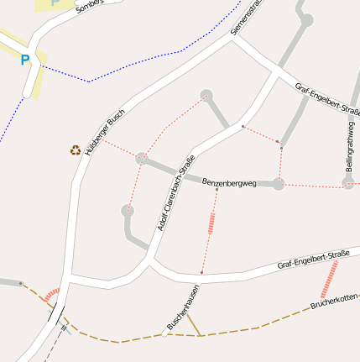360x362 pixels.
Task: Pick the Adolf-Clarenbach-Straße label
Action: click(x=176, y=193)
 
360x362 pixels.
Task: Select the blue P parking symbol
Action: click(x=25, y=60)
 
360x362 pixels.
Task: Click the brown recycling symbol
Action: click(x=76, y=150)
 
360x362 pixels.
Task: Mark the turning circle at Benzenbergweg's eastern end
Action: click(x=279, y=183)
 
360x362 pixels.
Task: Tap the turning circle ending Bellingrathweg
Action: click(x=347, y=182)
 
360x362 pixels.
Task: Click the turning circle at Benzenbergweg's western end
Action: click(x=142, y=158)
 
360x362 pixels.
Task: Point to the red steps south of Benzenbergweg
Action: click(x=211, y=223)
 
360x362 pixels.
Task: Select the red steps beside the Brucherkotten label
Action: click(x=330, y=278)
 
